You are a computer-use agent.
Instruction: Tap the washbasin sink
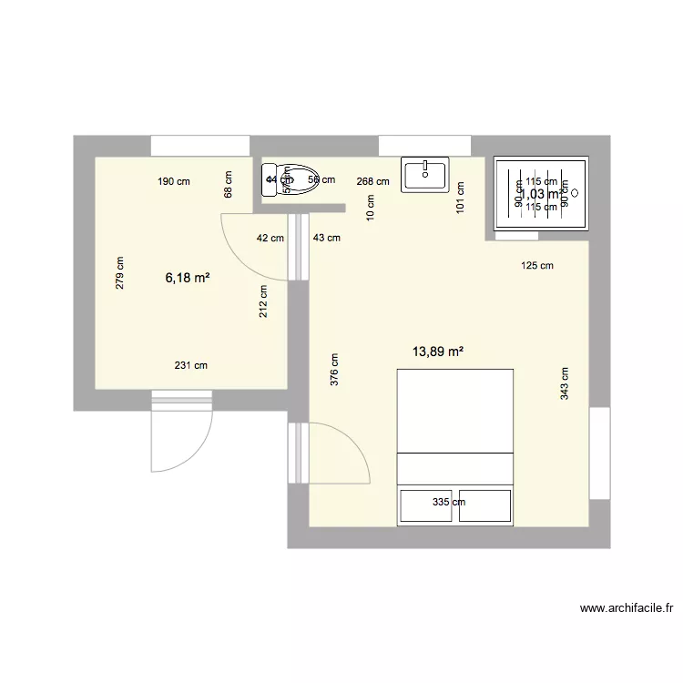pyautogui.click(x=424, y=175)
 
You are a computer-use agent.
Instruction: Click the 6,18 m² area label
pyautogui.click(x=188, y=278)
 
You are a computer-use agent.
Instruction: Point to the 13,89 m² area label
pyautogui.click(x=438, y=350)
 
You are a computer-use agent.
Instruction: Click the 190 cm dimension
pyautogui.click(x=174, y=181)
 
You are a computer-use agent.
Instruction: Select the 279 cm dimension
pyautogui.click(x=120, y=272)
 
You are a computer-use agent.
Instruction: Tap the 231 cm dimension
pyautogui.click(x=191, y=365)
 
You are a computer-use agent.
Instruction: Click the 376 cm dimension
pyautogui.click(x=335, y=371)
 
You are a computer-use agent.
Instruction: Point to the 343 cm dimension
pyautogui.click(x=566, y=383)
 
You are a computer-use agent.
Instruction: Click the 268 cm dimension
pyautogui.click(x=373, y=181)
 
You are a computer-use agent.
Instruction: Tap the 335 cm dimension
pyautogui.click(x=449, y=502)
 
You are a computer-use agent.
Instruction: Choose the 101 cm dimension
pyautogui.click(x=461, y=198)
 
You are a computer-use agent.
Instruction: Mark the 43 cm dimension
pyautogui.click(x=326, y=238)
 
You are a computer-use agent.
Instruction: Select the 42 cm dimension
pyautogui.click(x=270, y=238)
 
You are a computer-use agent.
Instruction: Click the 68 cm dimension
pyautogui.click(x=228, y=185)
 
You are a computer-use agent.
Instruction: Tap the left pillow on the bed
pyautogui.click(x=426, y=505)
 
